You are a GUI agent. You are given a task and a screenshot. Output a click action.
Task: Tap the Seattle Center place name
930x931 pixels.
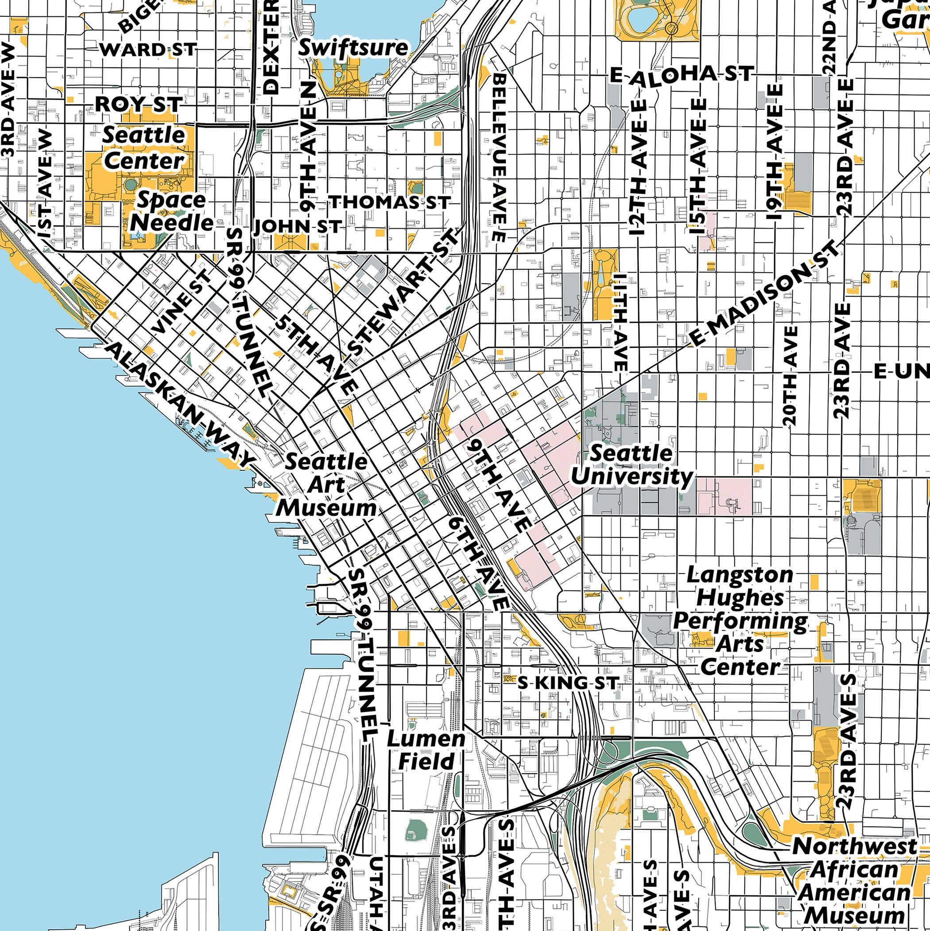[x=143, y=148]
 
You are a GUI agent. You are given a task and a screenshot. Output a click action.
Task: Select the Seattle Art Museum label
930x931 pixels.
[x=326, y=485]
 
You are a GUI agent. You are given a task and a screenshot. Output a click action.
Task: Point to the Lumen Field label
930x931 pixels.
[x=426, y=750]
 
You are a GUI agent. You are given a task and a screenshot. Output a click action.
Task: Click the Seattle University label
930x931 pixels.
[x=632, y=465]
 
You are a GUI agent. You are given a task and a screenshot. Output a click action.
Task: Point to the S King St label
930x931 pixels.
[x=568, y=682]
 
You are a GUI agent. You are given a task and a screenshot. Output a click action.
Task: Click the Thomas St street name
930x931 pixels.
[x=390, y=202]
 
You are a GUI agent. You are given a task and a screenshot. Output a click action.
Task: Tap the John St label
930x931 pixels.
[x=297, y=226]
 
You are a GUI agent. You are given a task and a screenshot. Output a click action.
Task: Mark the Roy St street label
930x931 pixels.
[x=139, y=104]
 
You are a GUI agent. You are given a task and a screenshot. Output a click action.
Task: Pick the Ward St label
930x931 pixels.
[x=148, y=50]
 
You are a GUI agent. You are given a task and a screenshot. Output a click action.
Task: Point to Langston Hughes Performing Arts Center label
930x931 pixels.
[x=740, y=621]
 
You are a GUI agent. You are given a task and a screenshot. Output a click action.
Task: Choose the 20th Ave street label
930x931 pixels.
[x=790, y=376]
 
